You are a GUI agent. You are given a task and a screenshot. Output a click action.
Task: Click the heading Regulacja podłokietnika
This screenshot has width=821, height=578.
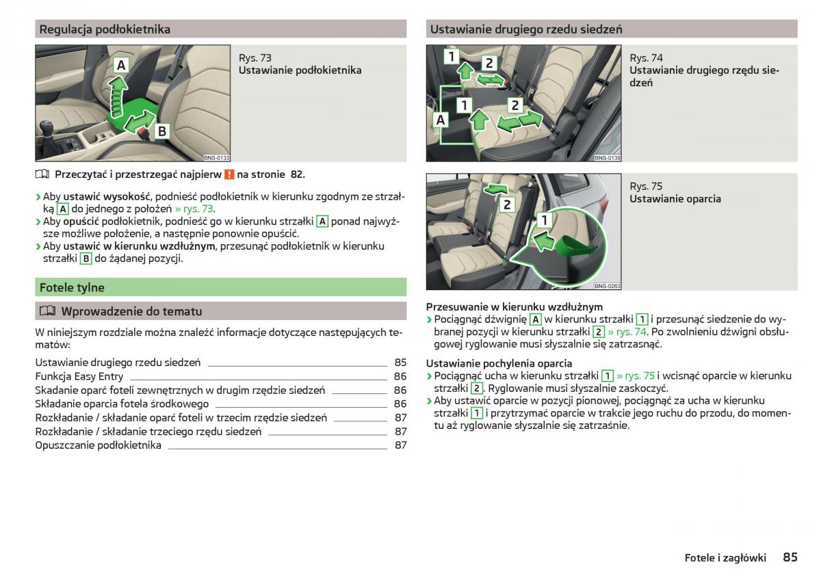(105, 29)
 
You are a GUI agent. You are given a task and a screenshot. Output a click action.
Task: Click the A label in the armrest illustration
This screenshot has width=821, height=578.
(121, 66)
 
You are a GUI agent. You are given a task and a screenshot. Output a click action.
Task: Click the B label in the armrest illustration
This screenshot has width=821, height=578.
(161, 131)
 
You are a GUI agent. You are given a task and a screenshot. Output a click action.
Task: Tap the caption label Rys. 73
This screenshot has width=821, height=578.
(255, 58)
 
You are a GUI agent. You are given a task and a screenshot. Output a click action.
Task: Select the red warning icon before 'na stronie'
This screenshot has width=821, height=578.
(229, 174)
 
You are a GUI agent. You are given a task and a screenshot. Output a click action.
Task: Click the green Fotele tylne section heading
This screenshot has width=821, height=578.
(72, 287)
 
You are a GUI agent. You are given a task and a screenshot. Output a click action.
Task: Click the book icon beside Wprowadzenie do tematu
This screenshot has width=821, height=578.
(47, 311)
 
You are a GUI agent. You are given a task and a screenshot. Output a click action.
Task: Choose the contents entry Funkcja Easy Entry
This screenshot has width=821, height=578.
(79, 376)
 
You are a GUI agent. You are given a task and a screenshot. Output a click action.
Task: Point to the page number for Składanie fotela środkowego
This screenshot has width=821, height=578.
(400, 404)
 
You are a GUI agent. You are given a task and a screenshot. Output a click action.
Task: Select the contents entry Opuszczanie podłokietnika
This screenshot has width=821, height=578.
(99, 445)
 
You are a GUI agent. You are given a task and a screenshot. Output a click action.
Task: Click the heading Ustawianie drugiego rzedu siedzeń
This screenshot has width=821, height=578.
(526, 29)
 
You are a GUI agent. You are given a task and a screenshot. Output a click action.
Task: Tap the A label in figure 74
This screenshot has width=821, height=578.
(440, 120)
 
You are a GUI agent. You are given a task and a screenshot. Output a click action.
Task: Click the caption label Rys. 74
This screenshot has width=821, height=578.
(646, 58)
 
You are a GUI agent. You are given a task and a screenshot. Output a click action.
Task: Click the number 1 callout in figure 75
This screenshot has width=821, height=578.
(545, 220)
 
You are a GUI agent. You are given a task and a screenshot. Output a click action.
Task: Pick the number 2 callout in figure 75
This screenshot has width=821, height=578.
(507, 204)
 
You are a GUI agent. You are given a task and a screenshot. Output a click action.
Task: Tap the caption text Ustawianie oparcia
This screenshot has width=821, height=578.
(675, 199)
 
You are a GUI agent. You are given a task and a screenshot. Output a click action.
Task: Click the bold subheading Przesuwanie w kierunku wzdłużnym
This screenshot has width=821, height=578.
(514, 307)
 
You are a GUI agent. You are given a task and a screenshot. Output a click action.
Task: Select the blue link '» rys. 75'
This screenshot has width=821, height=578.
(636, 376)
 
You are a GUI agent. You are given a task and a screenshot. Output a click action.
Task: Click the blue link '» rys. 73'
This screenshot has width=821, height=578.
(194, 209)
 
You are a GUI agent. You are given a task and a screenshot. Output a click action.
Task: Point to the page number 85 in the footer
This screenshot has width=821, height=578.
(790, 557)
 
